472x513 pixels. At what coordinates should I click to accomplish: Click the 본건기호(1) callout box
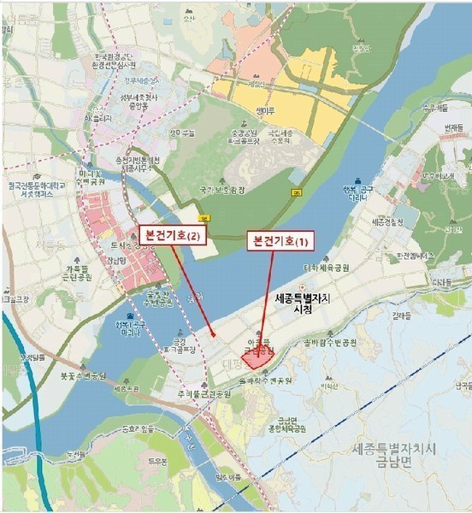[x=280, y=240]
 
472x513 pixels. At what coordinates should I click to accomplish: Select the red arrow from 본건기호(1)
[x=268, y=299]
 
